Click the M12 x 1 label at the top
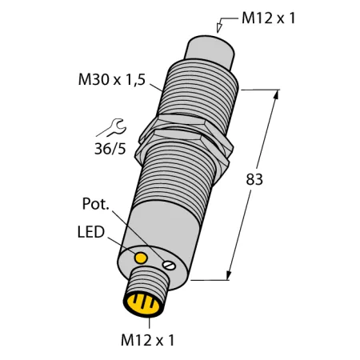coord(268,18)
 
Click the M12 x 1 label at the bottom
coord(148,340)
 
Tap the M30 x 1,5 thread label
coord(112,80)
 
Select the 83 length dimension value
coord(254,179)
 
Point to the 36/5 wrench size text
coord(110,149)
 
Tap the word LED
coord(90,232)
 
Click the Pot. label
coord(96,204)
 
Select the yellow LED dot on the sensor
coord(141,258)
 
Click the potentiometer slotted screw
coord(169,266)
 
